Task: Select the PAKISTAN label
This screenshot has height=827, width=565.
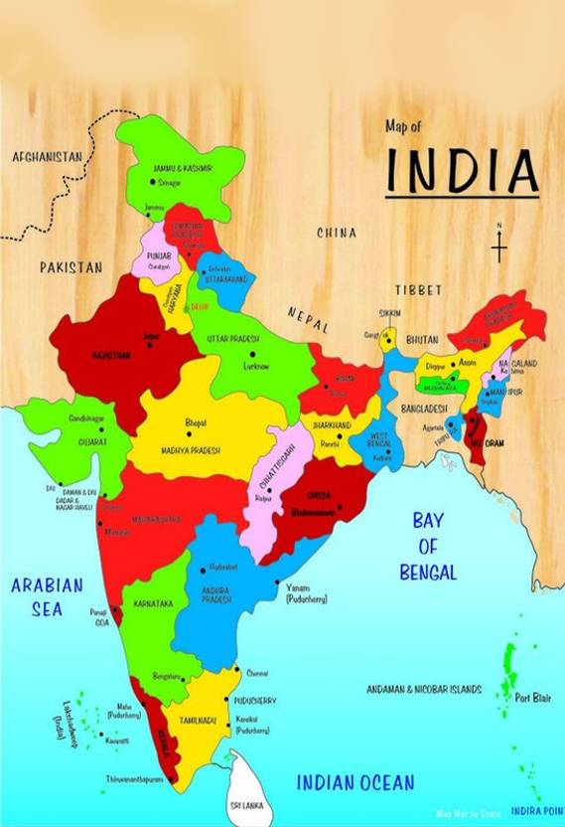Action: pyautogui.click(x=71, y=267)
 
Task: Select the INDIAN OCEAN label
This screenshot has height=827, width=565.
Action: pyautogui.click(x=354, y=782)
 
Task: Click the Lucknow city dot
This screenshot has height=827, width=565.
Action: pyautogui.click(x=253, y=353)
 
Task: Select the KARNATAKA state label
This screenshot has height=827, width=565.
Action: pyautogui.click(x=154, y=603)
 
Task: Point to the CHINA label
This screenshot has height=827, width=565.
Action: pyautogui.click(x=336, y=233)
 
